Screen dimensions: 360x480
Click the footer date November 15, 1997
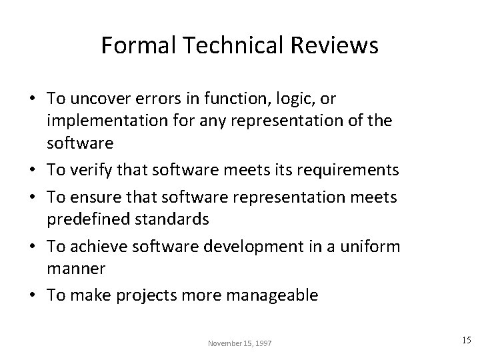240,342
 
